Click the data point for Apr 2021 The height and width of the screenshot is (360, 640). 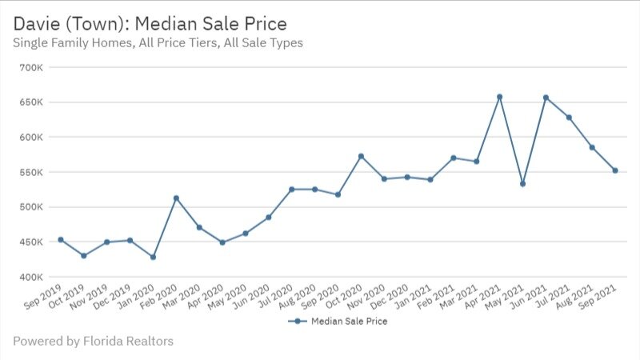(499, 97)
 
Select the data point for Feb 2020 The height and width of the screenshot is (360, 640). (176, 198)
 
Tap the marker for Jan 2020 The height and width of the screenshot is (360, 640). (152, 257)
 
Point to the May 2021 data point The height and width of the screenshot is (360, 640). (522, 184)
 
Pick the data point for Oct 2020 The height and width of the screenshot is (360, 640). (361, 156)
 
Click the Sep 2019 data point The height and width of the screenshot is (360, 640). (60, 239)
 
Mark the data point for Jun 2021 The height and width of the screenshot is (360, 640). (546, 98)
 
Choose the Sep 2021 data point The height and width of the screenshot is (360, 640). (615, 170)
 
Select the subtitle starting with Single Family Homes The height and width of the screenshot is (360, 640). (158, 42)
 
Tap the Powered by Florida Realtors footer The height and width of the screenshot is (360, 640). (93, 342)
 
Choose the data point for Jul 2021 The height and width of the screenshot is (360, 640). (569, 118)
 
